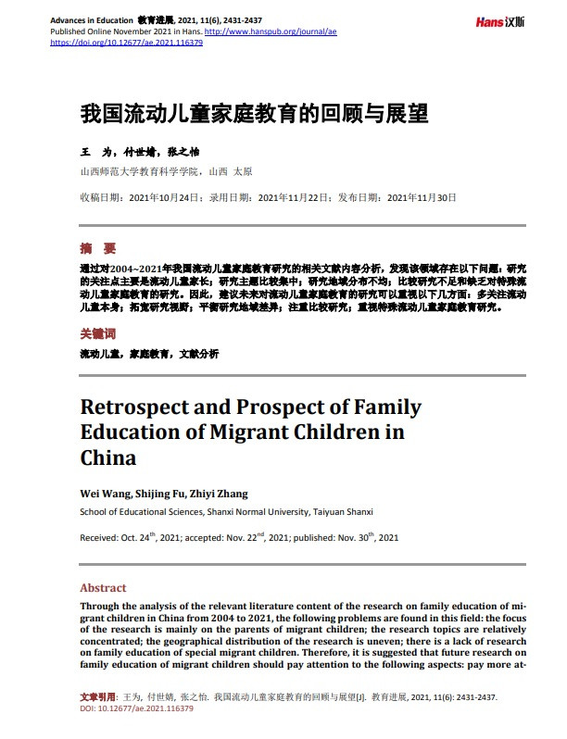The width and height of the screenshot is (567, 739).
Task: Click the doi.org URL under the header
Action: click(126, 43)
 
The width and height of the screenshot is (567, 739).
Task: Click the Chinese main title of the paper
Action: click(254, 114)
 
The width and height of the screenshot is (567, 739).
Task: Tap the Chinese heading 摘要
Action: click(98, 248)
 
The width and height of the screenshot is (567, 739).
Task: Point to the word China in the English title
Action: click(108, 457)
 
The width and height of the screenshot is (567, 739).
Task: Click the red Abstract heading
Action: click(103, 588)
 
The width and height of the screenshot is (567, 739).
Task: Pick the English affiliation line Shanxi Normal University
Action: click(252, 511)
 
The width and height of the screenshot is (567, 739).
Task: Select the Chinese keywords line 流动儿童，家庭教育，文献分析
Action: click(149, 354)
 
